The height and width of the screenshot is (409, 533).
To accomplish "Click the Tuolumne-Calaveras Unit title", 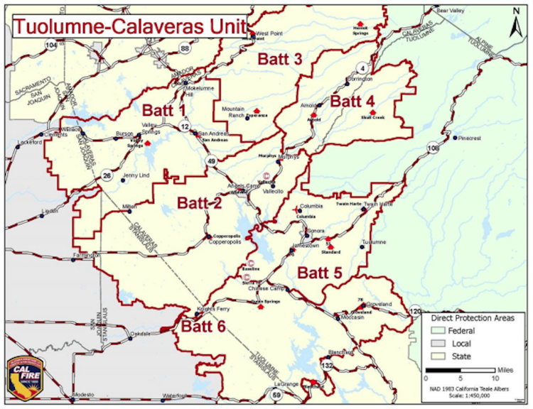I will [x=127, y=26].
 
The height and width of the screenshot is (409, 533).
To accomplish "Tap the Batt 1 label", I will [x=163, y=110].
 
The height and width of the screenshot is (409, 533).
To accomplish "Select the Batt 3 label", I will [x=279, y=59].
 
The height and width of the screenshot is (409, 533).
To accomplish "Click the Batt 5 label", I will [x=320, y=273].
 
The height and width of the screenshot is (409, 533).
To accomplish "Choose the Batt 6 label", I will [x=203, y=327].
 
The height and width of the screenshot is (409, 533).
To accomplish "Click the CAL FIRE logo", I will [x=24, y=376].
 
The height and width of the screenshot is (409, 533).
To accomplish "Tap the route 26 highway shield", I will [x=105, y=175].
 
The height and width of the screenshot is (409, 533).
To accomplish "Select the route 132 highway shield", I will [x=327, y=366].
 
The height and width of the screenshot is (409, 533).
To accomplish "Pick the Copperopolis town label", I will [x=225, y=241].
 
